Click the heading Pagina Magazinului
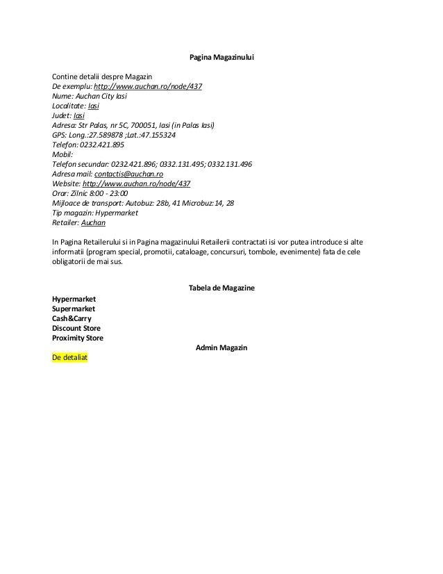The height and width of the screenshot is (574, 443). tap(221, 57)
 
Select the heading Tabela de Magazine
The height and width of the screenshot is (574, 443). tap(221, 288)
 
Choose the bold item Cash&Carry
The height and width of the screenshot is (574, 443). tap(72, 318)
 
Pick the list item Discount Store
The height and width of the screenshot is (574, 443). tap(76, 328)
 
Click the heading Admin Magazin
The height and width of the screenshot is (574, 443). tap(221, 347)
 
